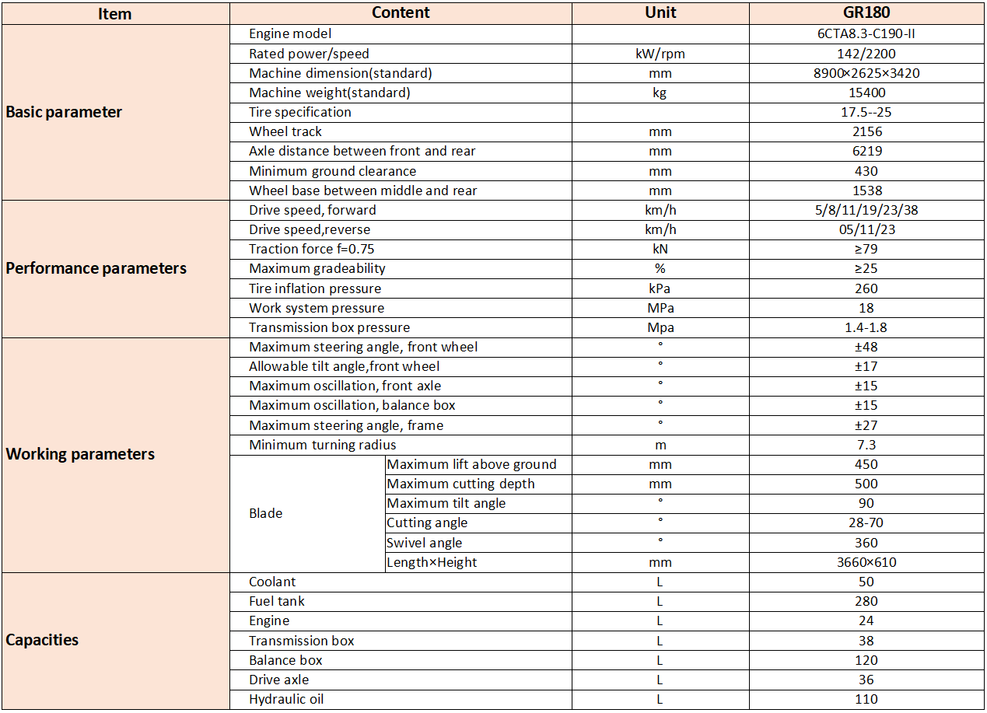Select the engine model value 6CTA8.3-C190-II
pyautogui.click(x=866, y=33)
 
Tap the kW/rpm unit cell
pyautogui.click(x=660, y=54)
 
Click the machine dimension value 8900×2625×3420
pyautogui.click(x=866, y=73)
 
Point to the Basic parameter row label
pyautogui.click(x=64, y=112)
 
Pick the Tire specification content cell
pyautogui.click(x=300, y=112)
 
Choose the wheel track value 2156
pyautogui.click(x=866, y=131)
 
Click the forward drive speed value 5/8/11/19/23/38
pyautogui.click(x=866, y=210)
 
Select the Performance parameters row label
pyautogui.click(x=96, y=268)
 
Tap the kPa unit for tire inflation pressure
pyautogui.click(x=660, y=288)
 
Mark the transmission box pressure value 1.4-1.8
pyautogui.click(x=866, y=327)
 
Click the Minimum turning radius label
pyautogui.click(x=323, y=445)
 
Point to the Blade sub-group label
pyautogui.click(x=266, y=513)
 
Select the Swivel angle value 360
pyautogui.click(x=866, y=543)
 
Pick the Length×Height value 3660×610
pyautogui.click(x=866, y=562)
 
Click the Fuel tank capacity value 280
pyautogui.click(x=866, y=601)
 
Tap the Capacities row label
pyautogui.click(x=42, y=640)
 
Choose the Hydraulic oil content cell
pyautogui.click(x=286, y=699)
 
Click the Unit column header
pyautogui.click(x=660, y=12)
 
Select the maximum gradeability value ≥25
pyautogui.click(x=866, y=268)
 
